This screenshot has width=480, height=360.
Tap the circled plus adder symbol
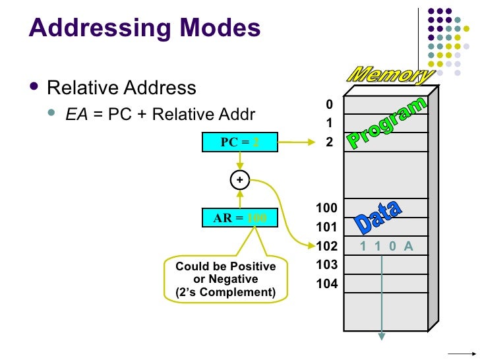[x=239, y=179]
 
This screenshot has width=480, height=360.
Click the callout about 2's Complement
[x=225, y=280]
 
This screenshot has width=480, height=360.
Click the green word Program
[x=388, y=123]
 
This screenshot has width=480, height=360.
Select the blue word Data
[x=378, y=216]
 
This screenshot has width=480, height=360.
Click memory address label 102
[x=326, y=247]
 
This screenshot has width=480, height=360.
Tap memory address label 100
[x=326, y=208]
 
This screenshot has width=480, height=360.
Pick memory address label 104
[x=326, y=284]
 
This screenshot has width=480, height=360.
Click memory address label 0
[x=330, y=105]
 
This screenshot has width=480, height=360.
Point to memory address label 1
[x=330, y=123]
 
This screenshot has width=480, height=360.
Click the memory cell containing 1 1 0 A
[x=386, y=247]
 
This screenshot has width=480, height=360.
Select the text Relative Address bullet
[x=122, y=88]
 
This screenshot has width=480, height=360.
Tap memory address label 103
[x=326, y=265]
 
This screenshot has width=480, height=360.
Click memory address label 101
[x=326, y=227]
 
